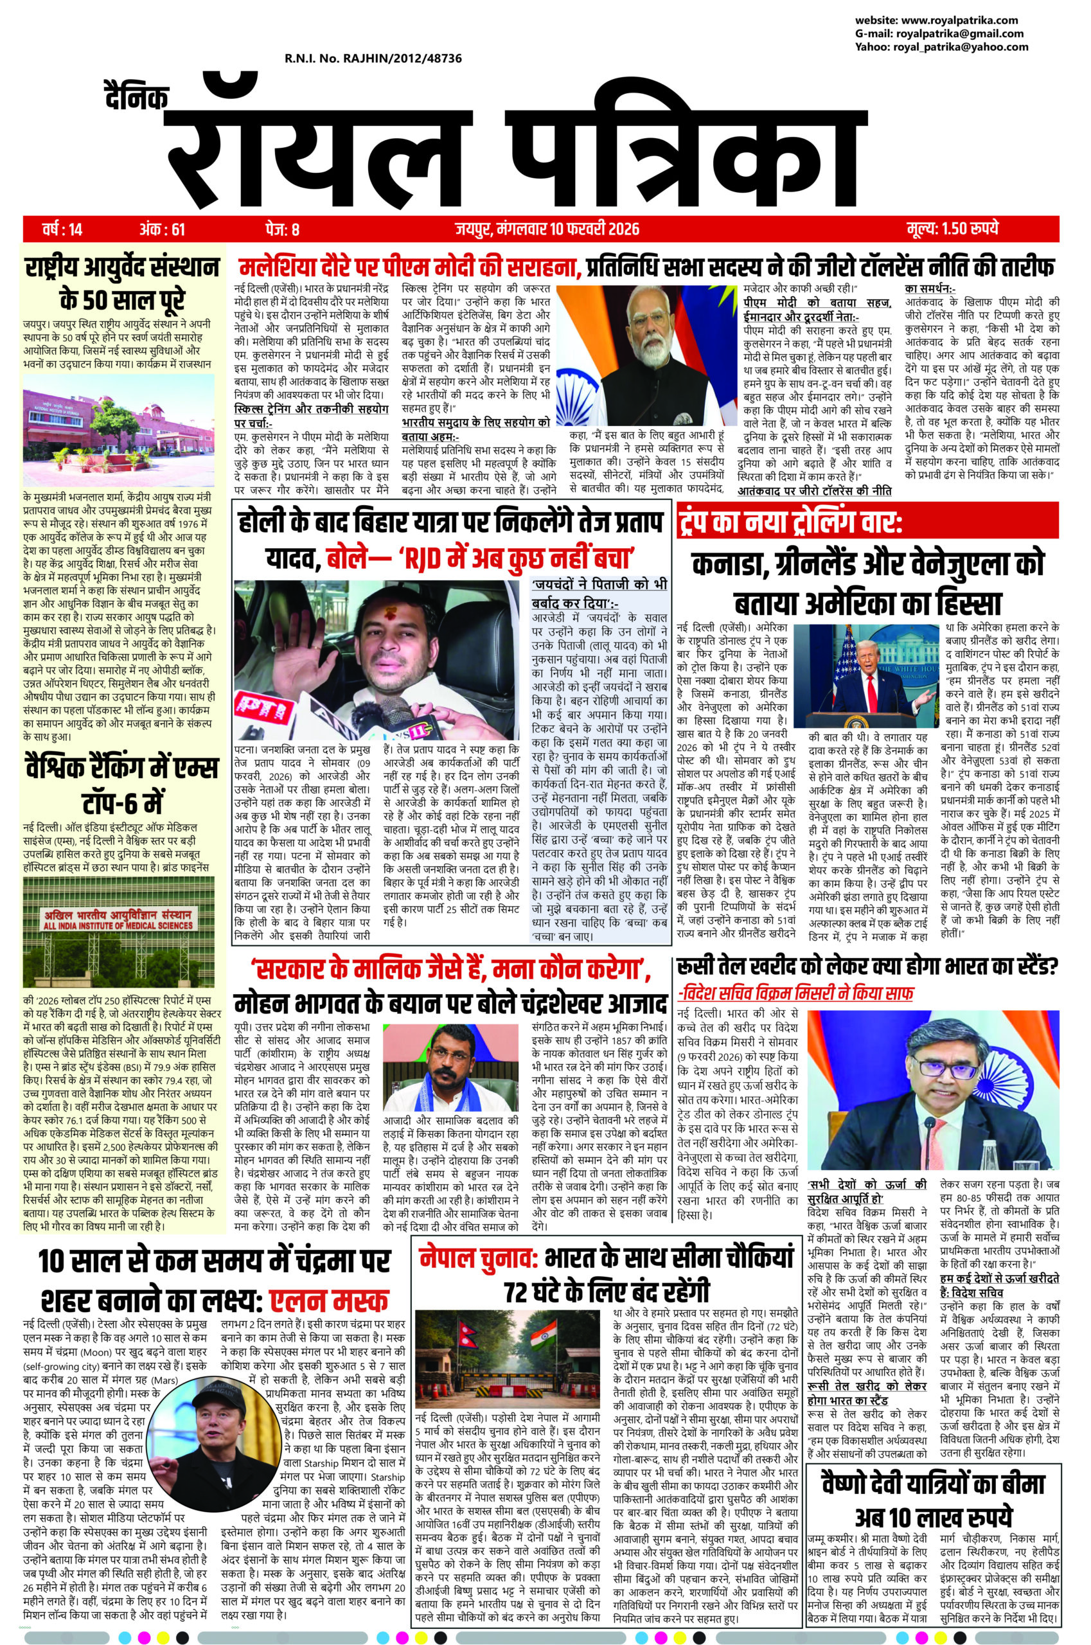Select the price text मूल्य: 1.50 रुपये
pos(953,229)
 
